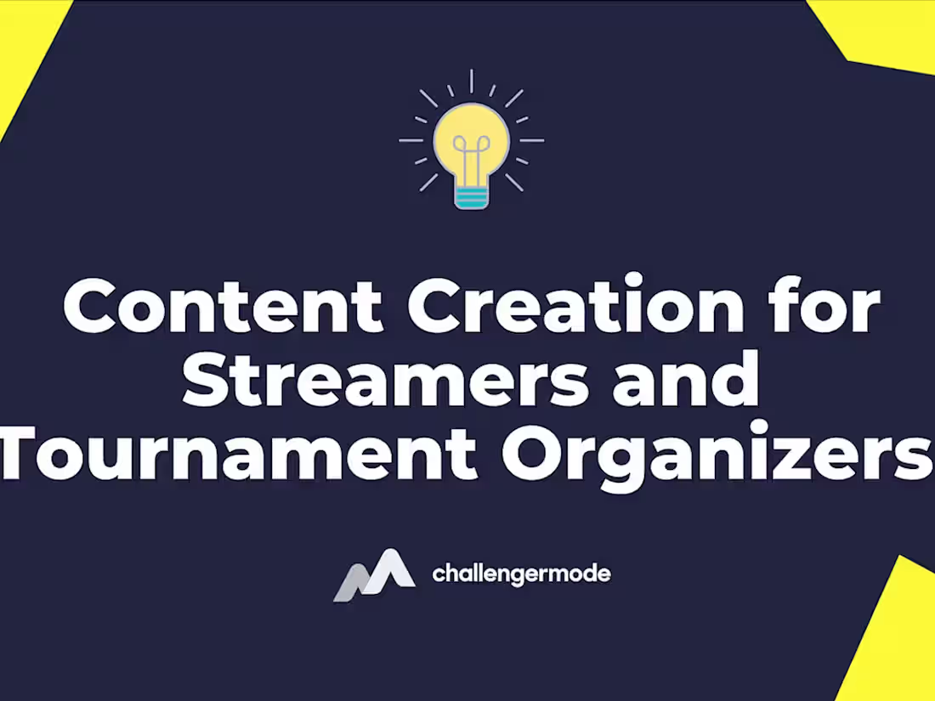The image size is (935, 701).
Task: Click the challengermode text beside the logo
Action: (x=521, y=574)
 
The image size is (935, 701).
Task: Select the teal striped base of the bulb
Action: (x=471, y=198)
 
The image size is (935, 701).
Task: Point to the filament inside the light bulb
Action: (x=471, y=157)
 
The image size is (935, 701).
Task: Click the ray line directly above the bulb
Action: (x=471, y=81)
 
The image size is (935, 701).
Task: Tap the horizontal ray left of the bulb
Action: (x=411, y=140)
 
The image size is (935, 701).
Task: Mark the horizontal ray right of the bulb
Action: (x=532, y=140)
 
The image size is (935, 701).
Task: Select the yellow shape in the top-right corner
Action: (x=884, y=30)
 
